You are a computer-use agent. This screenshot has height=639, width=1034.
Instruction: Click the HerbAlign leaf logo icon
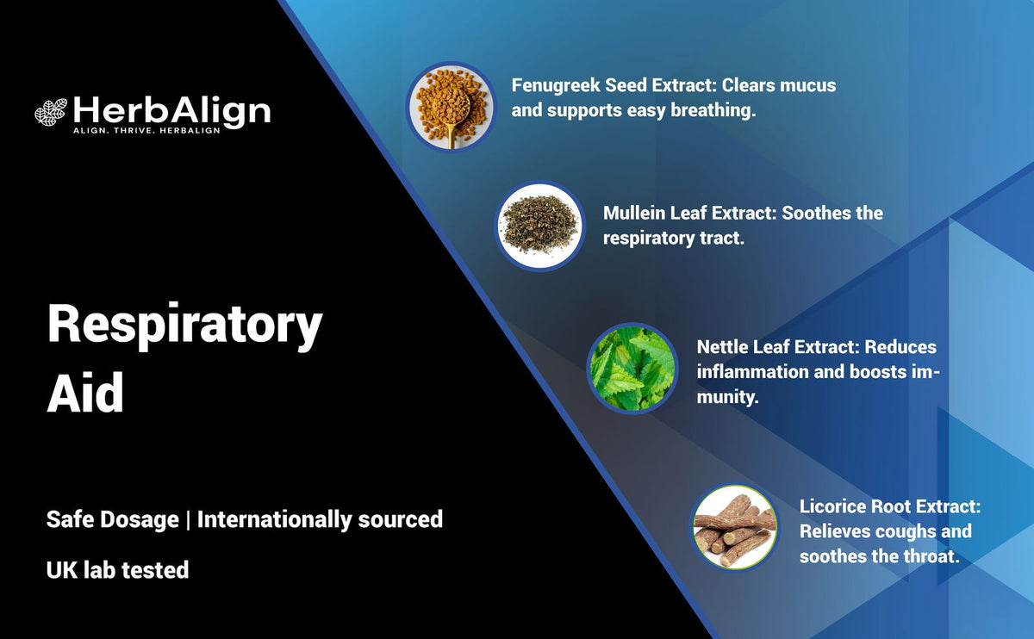pos(51,112)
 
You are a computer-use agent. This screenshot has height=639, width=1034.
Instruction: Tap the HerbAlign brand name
pos(171,110)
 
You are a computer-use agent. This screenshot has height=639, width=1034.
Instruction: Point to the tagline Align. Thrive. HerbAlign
pos(146,130)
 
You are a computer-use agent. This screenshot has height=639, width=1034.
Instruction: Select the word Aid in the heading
pos(85,394)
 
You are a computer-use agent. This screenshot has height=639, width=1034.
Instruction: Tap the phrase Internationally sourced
pos(320,519)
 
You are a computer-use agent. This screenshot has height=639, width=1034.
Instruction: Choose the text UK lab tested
pos(117,569)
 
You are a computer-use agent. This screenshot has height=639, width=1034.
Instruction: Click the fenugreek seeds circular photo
pos(451,106)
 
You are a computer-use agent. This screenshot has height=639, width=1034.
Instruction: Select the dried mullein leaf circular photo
pos(539,226)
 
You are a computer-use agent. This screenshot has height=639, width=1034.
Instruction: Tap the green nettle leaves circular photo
pos(632,368)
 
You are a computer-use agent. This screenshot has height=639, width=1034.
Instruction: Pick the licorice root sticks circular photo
pos(735,527)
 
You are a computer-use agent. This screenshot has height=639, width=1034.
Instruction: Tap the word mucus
pos(807,86)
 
